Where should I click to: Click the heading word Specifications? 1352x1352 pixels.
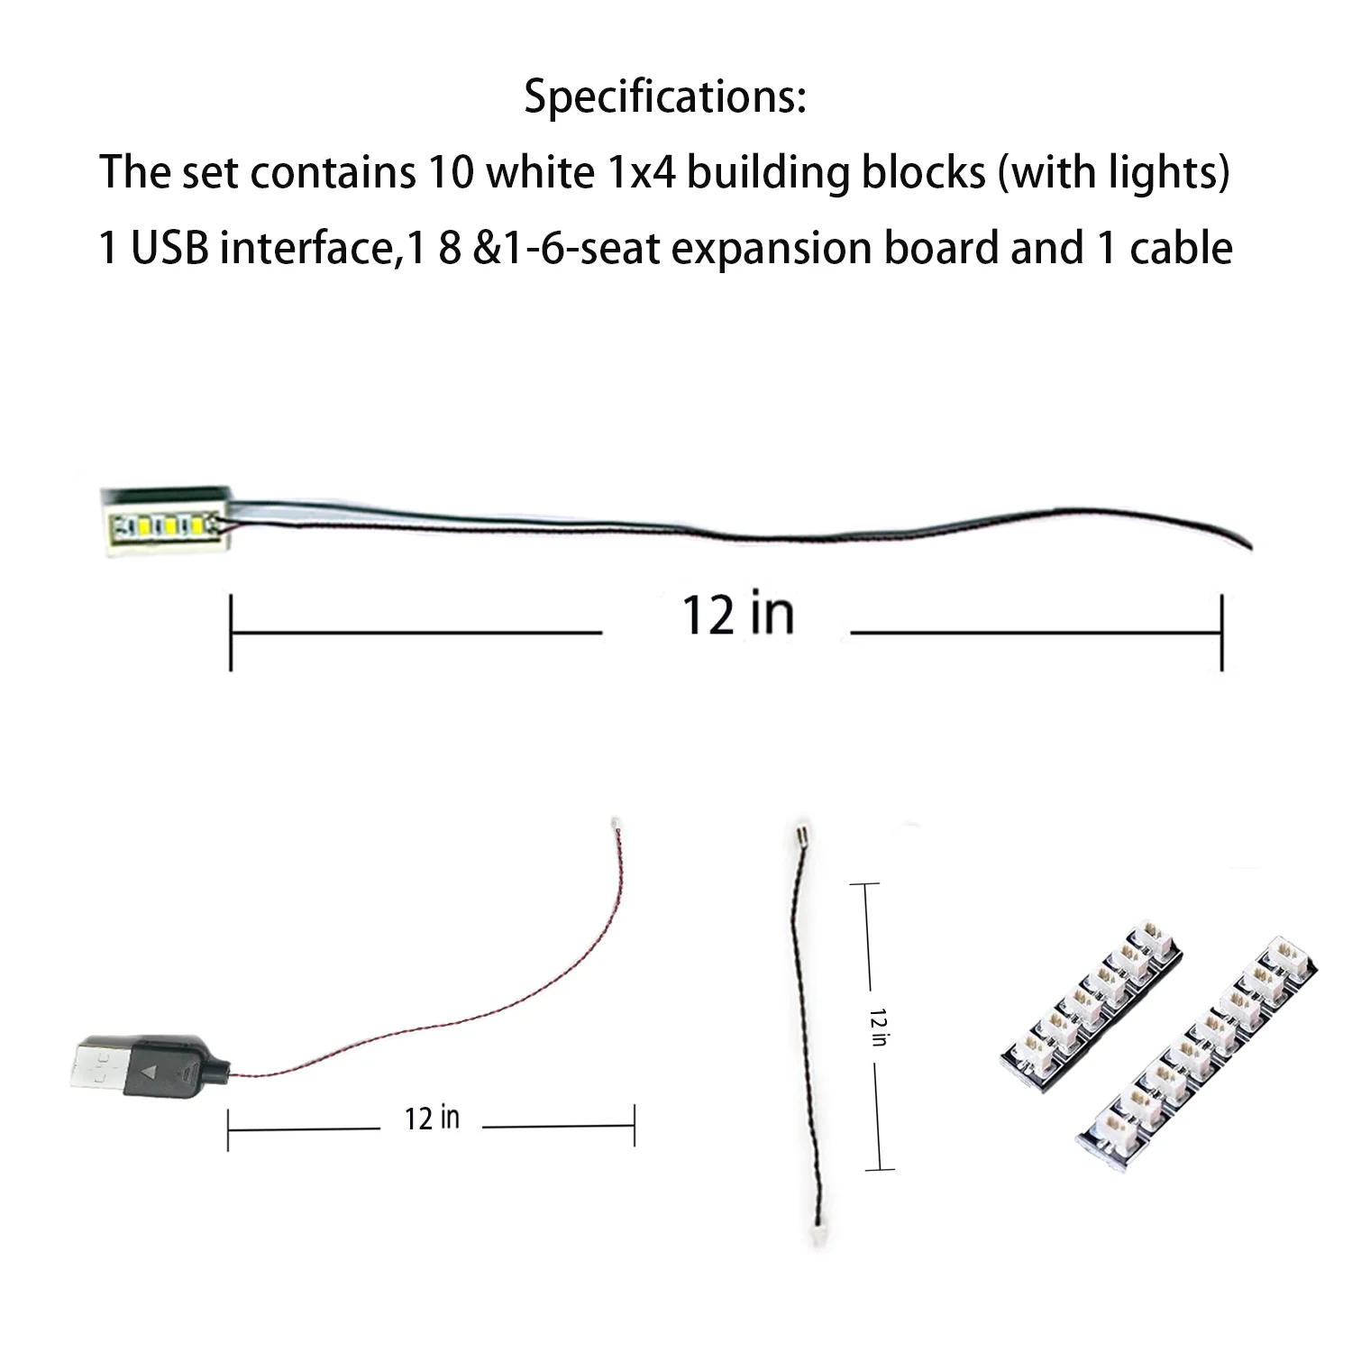coord(664,96)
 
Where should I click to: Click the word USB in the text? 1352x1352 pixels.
coord(169,247)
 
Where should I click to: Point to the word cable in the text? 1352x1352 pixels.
coord(1181,247)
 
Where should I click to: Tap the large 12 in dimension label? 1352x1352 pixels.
coord(737,616)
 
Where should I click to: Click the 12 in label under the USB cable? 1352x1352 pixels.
coord(432,1119)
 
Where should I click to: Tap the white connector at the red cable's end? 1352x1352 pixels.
coord(614,823)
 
